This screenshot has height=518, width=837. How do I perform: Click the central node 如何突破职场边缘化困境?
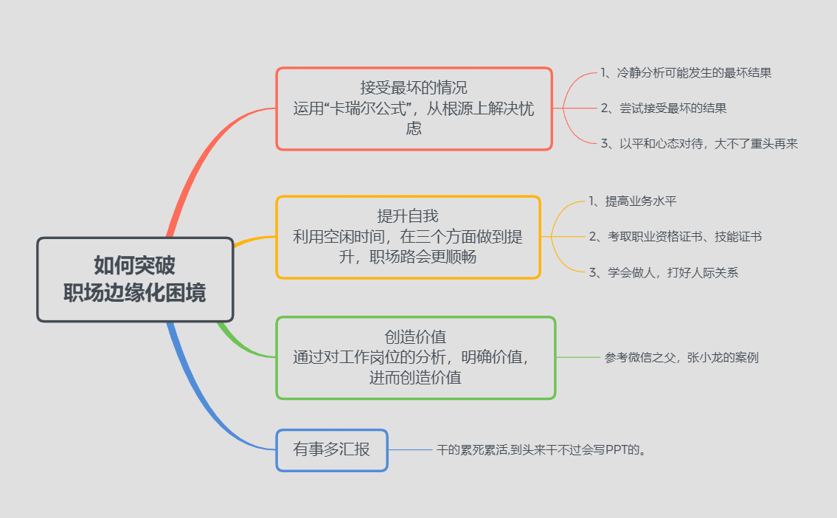coord(135,279)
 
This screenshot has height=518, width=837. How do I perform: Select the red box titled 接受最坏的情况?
coord(414,108)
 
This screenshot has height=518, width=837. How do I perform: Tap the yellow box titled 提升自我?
coord(408,237)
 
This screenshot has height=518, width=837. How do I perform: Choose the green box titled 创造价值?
coord(415,358)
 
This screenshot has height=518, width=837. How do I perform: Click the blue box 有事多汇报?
coord(332,449)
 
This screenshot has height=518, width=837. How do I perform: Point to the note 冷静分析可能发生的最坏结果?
coord(686,72)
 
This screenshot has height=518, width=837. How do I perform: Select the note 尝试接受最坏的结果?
coord(664,108)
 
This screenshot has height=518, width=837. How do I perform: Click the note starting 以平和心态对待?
coord(699,144)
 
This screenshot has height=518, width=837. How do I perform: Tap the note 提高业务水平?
coord(640,201)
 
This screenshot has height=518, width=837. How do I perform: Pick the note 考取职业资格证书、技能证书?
coord(675,237)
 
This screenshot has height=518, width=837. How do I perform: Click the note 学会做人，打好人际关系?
coord(663,273)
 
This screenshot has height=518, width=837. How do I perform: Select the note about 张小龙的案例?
coord(681,358)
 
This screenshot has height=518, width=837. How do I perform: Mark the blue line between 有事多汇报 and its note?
coord(410,449)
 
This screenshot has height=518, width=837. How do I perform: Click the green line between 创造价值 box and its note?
coord(578,358)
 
